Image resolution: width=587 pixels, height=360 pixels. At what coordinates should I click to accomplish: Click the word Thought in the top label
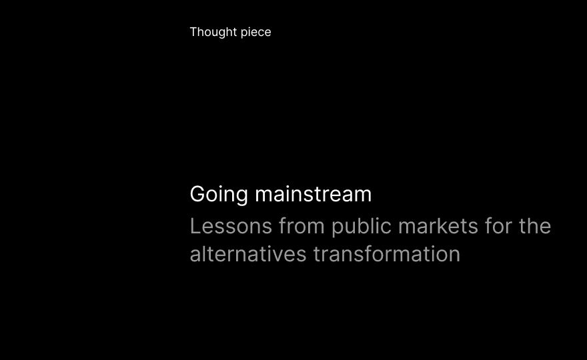tap(213, 32)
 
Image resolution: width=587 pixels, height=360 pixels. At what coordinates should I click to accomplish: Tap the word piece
tap(256, 33)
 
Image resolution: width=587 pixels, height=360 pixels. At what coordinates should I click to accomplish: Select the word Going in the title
tap(219, 195)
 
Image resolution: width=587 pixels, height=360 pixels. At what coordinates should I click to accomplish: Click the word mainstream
tap(314, 194)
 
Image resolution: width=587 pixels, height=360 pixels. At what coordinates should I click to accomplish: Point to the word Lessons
tap(231, 227)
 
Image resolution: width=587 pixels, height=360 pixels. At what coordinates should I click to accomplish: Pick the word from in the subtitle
tap(302, 226)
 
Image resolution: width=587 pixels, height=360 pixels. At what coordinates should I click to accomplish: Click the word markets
tap(438, 226)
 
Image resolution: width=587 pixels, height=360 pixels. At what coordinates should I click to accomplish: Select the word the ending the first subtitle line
tap(535, 226)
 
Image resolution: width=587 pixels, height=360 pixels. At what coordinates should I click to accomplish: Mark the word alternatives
tap(248, 254)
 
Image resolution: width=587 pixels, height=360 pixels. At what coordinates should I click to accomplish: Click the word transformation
tap(387, 254)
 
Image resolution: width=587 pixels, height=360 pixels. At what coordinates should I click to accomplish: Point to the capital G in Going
tap(198, 194)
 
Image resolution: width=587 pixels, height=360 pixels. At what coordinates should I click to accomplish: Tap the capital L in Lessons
tap(195, 227)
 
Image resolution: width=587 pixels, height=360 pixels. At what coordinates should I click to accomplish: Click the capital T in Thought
tap(194, 32)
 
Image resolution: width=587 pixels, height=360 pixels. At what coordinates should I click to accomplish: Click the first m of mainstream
tap(265, 197)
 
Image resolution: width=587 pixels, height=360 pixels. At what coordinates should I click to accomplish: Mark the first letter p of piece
tap(244, 34)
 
